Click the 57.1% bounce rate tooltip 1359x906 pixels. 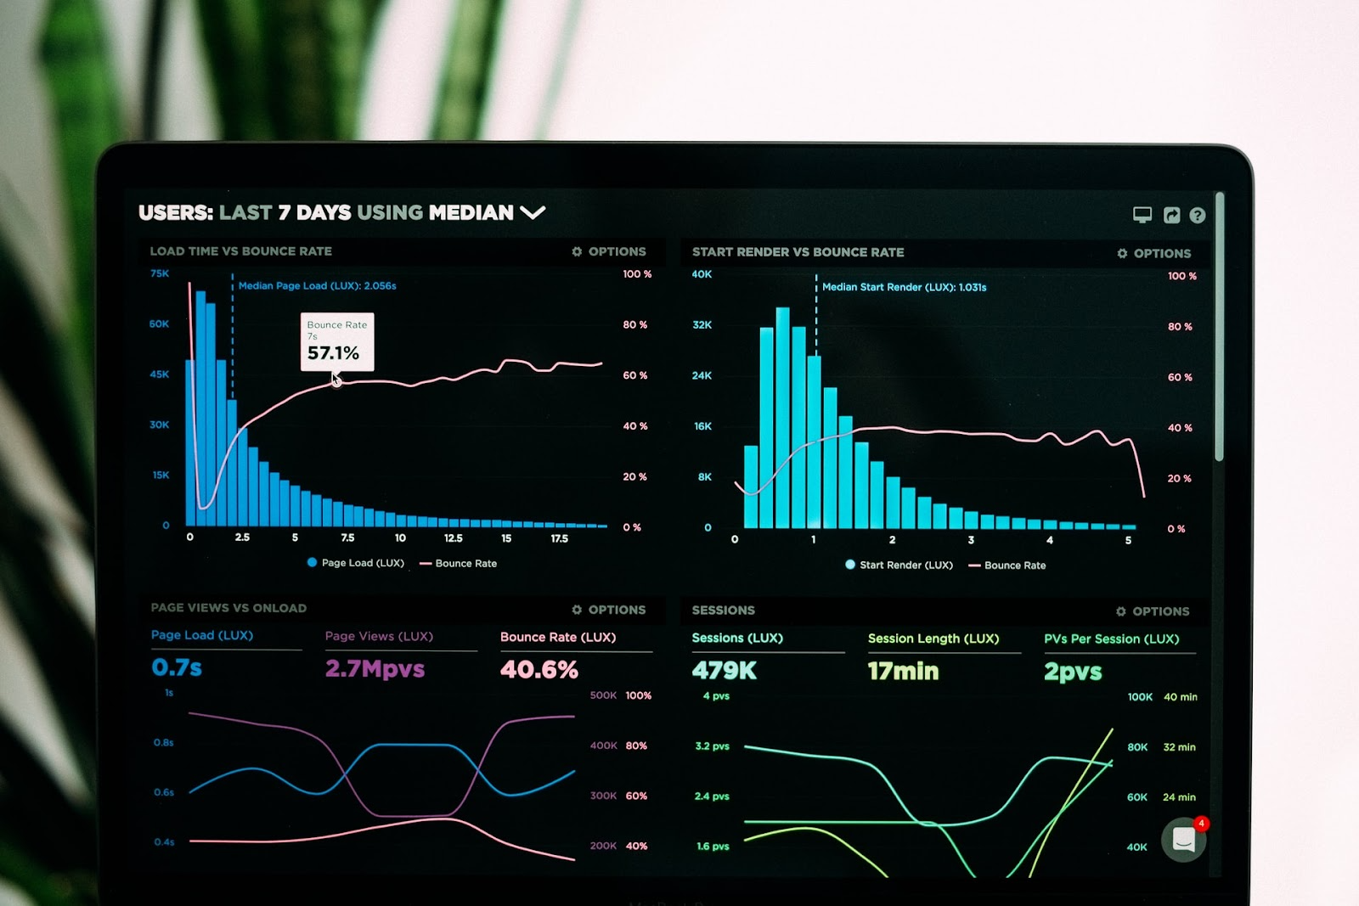tap(336, 341)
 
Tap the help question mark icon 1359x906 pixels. tap(1198, 216)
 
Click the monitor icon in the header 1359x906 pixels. tap(1142, 215)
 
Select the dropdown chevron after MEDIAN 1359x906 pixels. tap(533, 212)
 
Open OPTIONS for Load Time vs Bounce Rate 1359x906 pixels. tap(609, 251)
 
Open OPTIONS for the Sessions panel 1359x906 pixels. tap(1153, 611)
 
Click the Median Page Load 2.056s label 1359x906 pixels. tap(317, 286)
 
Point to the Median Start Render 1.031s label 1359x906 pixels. tap(904, 288)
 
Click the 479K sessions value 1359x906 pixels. tap(724, 671)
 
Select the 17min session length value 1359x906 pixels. tap(903, 672)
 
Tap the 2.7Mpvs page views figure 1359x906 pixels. tap(375, 669)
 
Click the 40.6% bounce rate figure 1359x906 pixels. tap(539, 670)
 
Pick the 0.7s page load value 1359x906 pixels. tap(177, 667)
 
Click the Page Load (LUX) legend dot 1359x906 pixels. tap(312, 562)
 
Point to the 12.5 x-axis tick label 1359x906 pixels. tap(454, 538)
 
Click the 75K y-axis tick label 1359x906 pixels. tap(160, 273)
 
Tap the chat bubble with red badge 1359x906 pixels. tap(1184, 840)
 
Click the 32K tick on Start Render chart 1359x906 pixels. tap(702, 325)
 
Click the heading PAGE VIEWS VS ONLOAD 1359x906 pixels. tap(228, 608)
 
